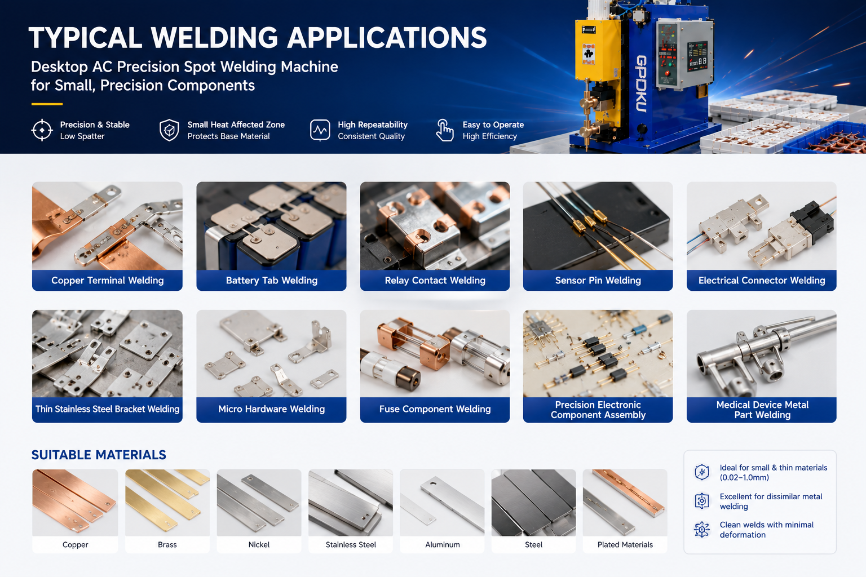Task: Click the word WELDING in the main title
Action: pos(214,38)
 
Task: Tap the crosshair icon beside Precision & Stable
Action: pos(42,130)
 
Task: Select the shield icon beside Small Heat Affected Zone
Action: pos(169,130)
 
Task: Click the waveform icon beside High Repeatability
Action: pos(320,130)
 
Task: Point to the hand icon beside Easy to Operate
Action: pos(445,130)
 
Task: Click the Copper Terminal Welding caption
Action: pos(108,281)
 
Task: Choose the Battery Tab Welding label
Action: pos(271,281)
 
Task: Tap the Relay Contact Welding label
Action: pos(435,281)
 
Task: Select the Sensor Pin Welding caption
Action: pos(598,281)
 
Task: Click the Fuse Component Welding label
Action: pos(435,409)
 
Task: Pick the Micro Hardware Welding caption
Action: pos(271,409)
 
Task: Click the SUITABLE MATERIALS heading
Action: pos(99,455)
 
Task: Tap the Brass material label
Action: pos(167,544)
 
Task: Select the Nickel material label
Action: pos(259,544)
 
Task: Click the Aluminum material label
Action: pos(443,544)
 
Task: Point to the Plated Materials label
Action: pos(625,544)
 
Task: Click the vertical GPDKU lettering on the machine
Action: pos(641,84)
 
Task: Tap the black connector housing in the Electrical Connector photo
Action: pos(812,221)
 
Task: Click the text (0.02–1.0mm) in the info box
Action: pos(744,478)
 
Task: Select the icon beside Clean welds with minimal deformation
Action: pos(702,530)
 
